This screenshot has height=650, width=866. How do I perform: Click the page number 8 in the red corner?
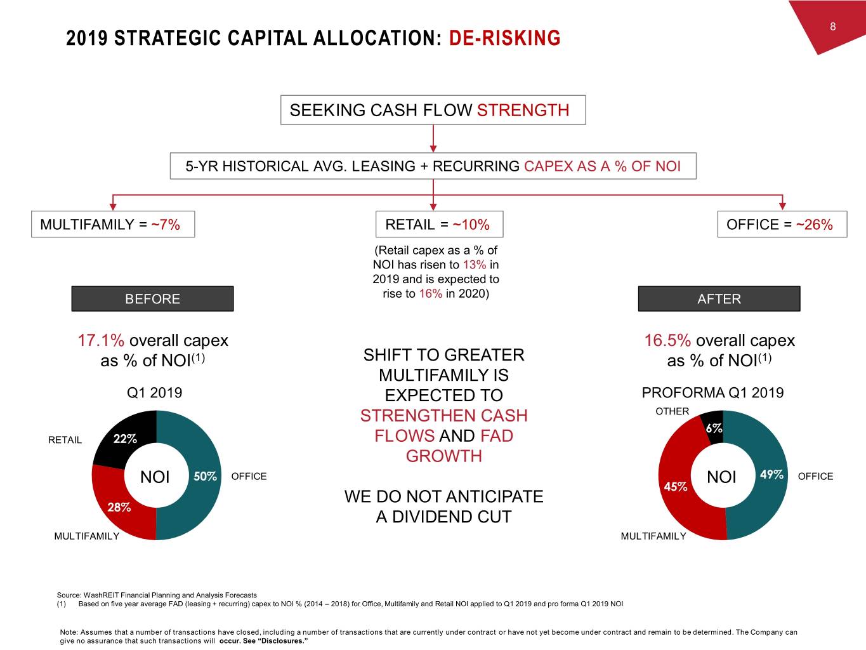pos(832,27)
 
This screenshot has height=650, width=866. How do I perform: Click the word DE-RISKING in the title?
pos(504,38)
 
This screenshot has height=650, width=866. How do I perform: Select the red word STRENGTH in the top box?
pos(523,110)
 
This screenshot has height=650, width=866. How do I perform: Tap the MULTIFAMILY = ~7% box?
pos(113,224)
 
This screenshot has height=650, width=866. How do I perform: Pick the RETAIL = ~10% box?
pos(439,224)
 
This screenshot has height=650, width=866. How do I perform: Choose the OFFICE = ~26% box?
pos(782,224)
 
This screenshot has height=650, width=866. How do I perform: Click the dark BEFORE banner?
pos(153,299)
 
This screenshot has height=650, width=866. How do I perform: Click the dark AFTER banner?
pos(719,299)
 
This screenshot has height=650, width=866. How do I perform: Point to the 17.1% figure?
pos(101,340)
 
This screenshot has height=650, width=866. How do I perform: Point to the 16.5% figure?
pos(667,340)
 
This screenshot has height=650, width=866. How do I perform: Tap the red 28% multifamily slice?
pos(119,507)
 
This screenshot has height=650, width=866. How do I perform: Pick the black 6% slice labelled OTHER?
pos(713,428)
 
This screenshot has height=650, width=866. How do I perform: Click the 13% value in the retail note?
pos(475,265)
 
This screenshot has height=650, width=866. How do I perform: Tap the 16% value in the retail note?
pos(430,294)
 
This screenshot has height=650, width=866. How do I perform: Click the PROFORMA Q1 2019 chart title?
pos(712,393)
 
